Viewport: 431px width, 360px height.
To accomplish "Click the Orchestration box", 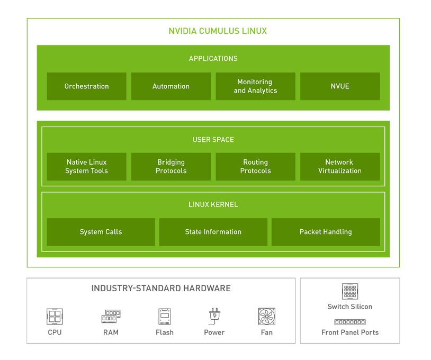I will pos(86,86).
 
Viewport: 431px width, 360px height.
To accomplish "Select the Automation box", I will pos(171,86).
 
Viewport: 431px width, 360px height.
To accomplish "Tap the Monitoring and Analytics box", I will pos(255,86).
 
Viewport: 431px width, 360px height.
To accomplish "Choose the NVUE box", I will pos(340,86).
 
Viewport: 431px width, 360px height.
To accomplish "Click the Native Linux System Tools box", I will pos(86,167).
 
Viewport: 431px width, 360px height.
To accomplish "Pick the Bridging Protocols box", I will pos(171,167).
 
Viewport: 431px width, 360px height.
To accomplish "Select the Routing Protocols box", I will pos(255,167).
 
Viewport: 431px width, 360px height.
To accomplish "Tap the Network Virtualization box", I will pos(340,167).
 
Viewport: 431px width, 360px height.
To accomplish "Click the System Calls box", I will pos(101,232).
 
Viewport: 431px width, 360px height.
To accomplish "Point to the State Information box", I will pos(213,232).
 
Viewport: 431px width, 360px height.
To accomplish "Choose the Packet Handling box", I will pos(326,232).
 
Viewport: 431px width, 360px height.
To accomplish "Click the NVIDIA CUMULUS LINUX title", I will pos(218,31).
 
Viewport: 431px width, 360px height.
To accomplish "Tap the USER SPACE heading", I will pos(213,140).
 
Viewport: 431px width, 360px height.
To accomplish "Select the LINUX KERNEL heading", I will pos(213,204).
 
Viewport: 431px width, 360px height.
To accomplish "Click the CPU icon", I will pos(55,317).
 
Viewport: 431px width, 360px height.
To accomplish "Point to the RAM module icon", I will pos(111,317).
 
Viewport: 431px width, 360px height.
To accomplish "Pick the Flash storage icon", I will pos(165,317).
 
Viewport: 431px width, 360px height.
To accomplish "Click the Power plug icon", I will pos(214,316).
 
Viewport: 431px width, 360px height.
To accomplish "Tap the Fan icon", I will pos(266,317).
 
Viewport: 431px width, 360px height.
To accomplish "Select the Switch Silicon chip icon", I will pos(350,291).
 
